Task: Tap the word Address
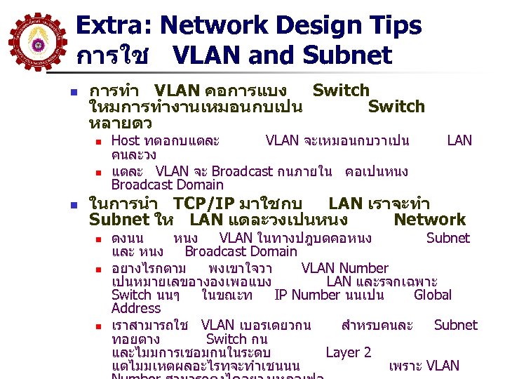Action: pyautogui.click(x=136, y=308)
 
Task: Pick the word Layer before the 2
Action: pyautogui.click(x=343, y=352)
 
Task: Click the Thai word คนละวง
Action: pyautogui.click(x=133, y=154)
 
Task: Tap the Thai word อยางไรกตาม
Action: pyautogui.click(x=149, y=268)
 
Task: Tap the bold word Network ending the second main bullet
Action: pyautogui.click(x=429, y=220)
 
